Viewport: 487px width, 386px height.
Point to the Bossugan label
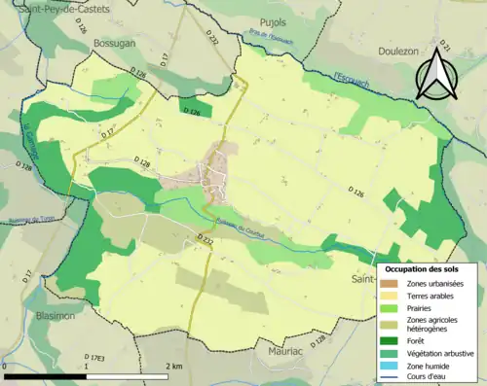[115, 44]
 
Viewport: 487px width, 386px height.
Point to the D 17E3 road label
[94, 358]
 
